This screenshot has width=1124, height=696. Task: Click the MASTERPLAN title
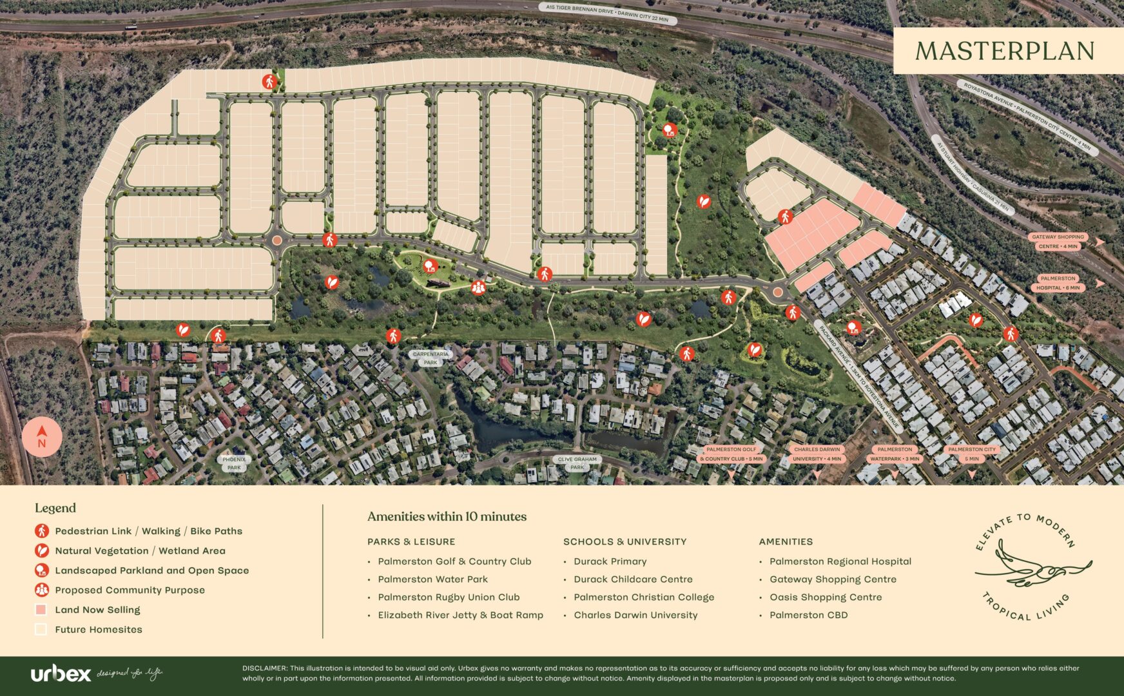[1005, 51]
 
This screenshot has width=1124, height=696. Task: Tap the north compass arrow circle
[42, 437]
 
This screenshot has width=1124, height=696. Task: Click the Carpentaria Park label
[431, 358]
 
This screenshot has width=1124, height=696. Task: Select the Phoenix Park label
[234, 463]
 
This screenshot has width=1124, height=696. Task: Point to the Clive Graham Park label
[577, 463]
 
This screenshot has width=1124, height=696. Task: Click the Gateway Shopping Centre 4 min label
[1058, 242]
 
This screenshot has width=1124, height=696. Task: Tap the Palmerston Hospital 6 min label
[1058, 283]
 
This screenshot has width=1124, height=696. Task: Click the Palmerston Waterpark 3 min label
[895, 454]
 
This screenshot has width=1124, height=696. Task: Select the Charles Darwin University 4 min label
[817, 454]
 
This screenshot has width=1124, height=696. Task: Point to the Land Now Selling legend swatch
[41, 610]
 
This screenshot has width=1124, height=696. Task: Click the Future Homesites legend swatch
[41, 630]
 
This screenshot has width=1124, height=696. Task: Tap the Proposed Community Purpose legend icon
[41, 590]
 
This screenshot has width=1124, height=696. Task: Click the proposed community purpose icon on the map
[478, 287]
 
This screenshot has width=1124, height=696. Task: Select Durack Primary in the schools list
[610, 561]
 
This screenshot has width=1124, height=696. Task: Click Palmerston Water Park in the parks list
[432, 579]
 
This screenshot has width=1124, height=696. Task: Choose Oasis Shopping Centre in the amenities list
[826, 597]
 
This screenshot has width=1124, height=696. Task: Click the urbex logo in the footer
[61, 674]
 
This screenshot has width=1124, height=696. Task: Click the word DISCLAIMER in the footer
[264, 668]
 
